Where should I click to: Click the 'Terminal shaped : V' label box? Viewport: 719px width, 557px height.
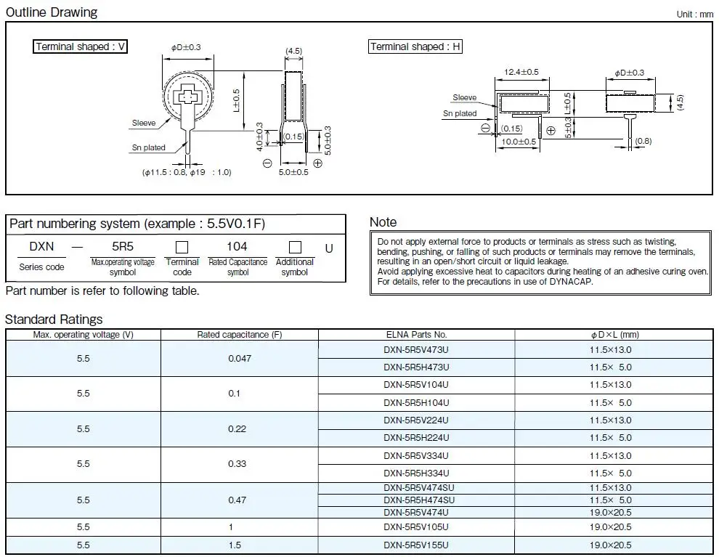coord(80,46)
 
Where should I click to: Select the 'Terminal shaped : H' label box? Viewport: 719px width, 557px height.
coord(415,46)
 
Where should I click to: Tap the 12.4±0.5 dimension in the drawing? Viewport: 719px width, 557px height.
coord(521,72)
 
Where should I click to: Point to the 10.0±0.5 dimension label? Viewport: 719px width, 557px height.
coord(519,142)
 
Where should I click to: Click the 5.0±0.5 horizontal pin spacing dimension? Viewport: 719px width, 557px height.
coord(293,172)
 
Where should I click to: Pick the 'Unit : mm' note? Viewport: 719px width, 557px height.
coord(695,15)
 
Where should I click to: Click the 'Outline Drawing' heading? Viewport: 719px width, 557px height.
coord(52,12)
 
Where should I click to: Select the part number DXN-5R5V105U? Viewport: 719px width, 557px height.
coord(416,527)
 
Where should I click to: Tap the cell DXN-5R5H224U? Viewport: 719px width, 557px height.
coord(416,438)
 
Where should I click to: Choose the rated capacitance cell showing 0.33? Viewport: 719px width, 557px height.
coord(237,464)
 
